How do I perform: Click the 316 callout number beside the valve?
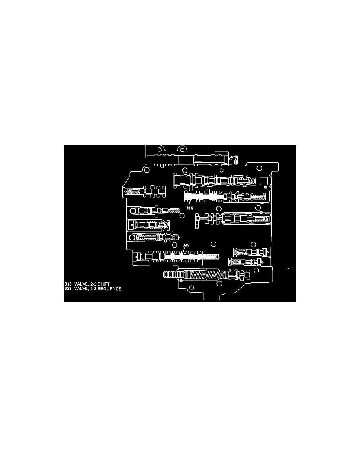(189, 208)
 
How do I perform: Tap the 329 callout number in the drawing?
(186, 245)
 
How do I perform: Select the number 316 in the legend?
(68, 284)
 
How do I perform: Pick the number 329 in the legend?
(68, 289)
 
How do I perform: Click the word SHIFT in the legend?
(104, 284)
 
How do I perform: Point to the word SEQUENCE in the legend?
(109, 289)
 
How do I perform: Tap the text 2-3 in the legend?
(93, 284)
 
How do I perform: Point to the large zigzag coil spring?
(205, 275)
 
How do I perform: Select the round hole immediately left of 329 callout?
(175, 244)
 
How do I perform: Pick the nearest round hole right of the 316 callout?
(219, 208)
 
